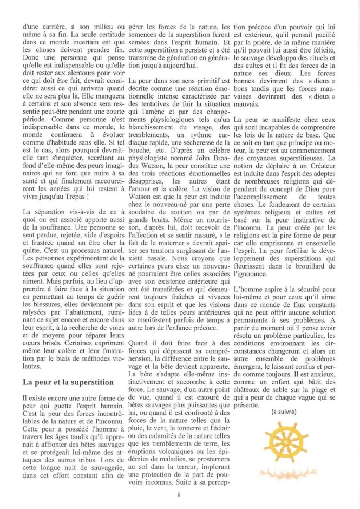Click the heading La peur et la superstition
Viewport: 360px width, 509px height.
[x=68, y=381]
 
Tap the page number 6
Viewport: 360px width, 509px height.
[x=179, y=493]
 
